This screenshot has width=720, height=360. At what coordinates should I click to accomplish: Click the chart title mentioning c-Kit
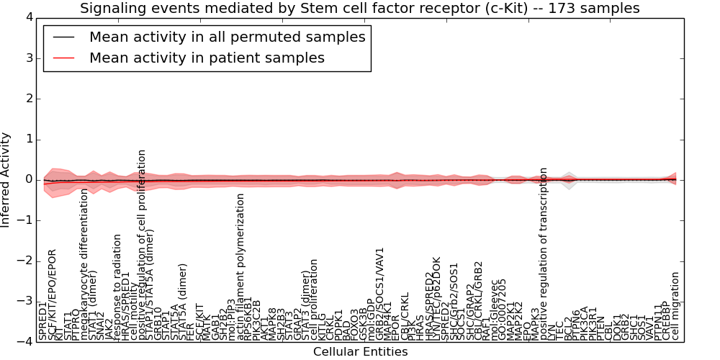(x=359, y=9)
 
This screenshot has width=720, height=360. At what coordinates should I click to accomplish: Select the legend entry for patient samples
(x=207, y=58)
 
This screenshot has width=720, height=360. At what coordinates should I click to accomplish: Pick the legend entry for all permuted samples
(x=227, y=37)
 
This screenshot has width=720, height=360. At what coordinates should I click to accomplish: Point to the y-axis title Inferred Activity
(x=6, y=180)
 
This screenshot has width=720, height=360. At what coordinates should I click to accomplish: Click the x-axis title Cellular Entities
(x=360, y=352)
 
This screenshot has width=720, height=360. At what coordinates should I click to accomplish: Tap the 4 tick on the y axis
(x=27, y=17)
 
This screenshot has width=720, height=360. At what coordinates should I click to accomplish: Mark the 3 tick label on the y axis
(x=27, y=58)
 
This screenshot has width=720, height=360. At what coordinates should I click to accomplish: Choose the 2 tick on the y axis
(x=27, y=99)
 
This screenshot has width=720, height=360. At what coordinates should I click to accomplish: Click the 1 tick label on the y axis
(x=27, y=139)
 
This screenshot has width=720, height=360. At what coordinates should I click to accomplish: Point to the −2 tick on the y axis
(x=24, y=261)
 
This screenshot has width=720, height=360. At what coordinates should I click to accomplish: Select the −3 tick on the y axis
(x=24, y=301)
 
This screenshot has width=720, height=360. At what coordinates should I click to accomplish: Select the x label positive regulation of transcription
(x=544, y=253)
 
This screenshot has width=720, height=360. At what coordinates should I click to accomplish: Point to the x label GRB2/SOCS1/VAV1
(x=380, y=294)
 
